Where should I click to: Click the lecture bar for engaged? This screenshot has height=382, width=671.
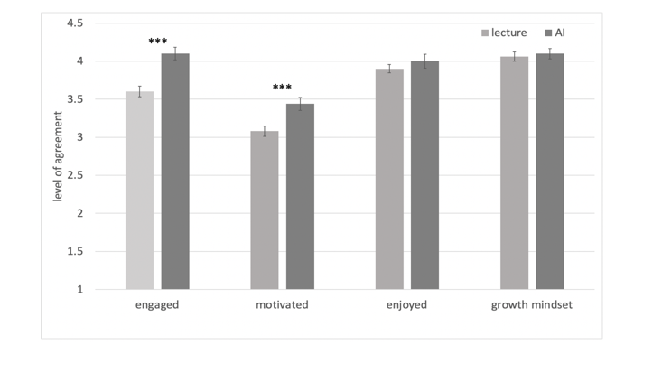pos(139,191)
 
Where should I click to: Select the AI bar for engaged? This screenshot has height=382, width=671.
pos(175,172)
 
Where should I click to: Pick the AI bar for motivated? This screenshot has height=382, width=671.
pos(300,197)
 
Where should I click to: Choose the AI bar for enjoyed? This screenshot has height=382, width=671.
pos(424,175)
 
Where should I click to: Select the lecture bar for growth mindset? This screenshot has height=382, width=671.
pos(514,173)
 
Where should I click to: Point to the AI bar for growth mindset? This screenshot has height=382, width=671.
pos(549,172)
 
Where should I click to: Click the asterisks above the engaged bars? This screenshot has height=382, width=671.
pos(158,42)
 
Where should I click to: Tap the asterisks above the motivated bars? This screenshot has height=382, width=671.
pos(283,89)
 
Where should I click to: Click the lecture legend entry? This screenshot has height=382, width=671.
pos(502,33)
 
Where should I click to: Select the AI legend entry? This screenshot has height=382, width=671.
pos(550,33)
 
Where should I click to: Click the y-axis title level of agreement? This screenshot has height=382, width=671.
pos(60,156)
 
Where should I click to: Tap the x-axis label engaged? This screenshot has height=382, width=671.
pos(157,305)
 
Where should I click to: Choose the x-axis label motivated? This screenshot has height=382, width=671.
pos(282,305)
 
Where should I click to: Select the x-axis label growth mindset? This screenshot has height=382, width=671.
pos(531,305)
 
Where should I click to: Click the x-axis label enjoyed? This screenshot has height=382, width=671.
pos(406,305)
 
